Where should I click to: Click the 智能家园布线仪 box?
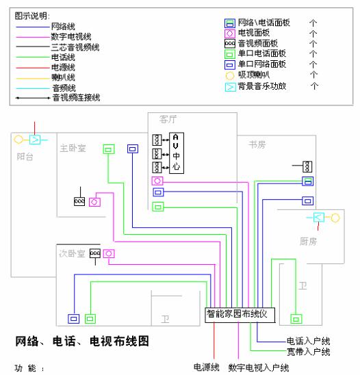coord(240,314)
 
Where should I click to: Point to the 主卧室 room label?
coord(73,147)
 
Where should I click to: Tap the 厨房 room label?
coord(308,241)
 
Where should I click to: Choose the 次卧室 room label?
coord(71,254)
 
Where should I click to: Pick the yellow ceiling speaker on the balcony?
coord(18,139)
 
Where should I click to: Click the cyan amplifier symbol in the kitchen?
coord(318,218)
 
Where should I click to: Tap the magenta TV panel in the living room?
coord(157,181)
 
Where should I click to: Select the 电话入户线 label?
coord(309,341)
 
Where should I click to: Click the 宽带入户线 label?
coord(309,352)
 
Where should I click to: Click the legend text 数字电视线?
coord(73,36)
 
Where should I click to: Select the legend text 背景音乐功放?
coord(263,87)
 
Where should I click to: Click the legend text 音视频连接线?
coord(76,98)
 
